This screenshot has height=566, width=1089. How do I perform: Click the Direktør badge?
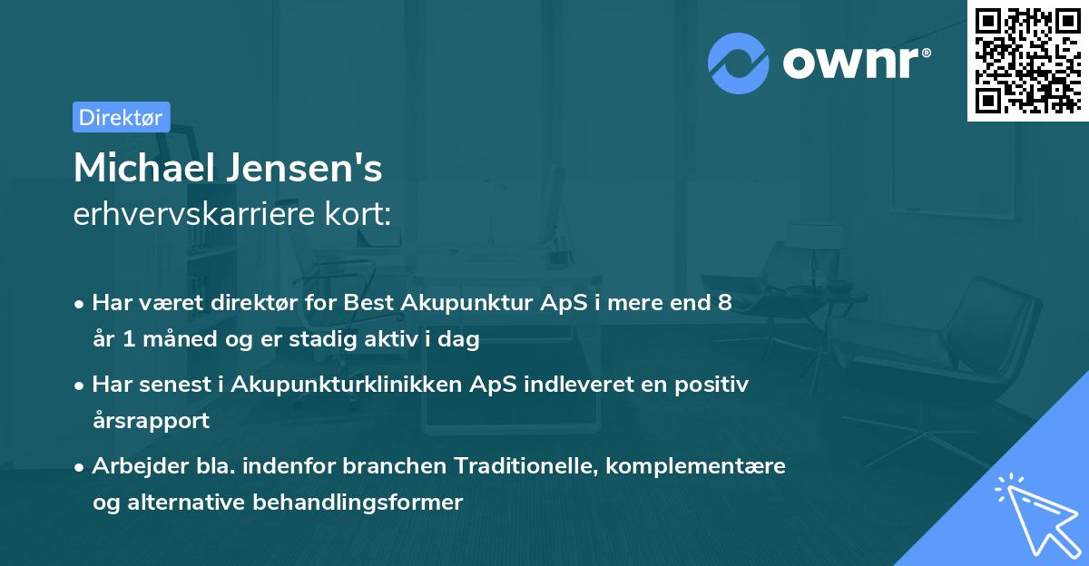(121, 116)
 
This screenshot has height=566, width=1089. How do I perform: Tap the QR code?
(1027, 60)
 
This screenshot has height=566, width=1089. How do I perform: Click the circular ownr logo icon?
(739, 63)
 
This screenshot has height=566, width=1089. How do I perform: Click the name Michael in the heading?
(141, 168)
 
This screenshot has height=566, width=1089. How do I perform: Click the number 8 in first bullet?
(724, 303)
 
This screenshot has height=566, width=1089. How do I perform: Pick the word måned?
(174, 340)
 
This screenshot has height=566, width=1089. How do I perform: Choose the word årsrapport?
(151, 421)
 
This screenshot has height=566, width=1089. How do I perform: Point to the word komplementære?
(697, 466)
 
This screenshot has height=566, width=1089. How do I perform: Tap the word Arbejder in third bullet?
(132, 466)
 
